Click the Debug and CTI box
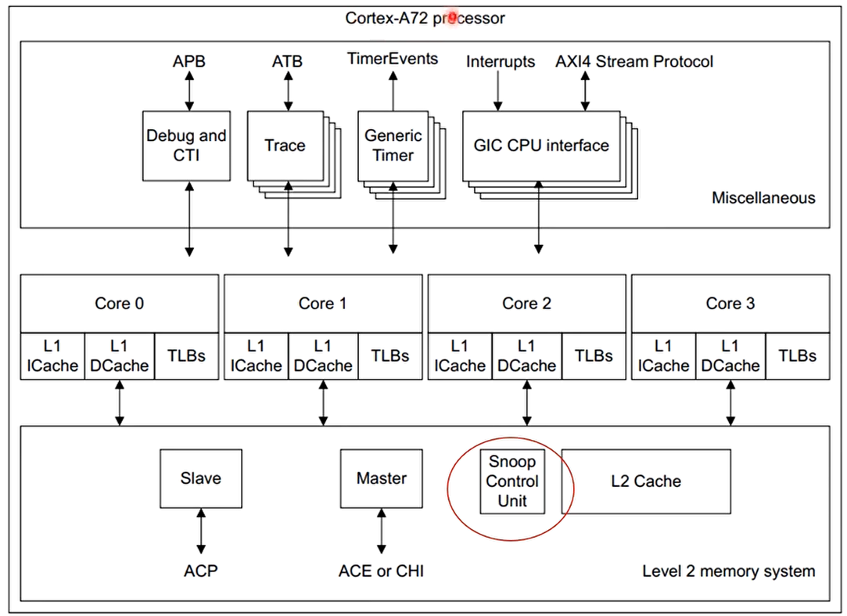[x=186, y=145]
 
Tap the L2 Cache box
[x=646, y=481]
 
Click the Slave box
[x=201, y=477]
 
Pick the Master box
[x=382, y=477]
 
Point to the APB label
[x=189, y=61]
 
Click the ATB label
[x=287, y=61]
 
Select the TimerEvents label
[x=393, y=59]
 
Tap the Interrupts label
[x=501, y=61]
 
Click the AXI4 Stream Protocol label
[x=634, y=61]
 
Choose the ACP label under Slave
[x=201, y=571]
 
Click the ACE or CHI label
[x=382, y=571]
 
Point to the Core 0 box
[x=119, y=303]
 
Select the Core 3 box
[x=730, y=303]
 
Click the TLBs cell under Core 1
[x=390, y=355]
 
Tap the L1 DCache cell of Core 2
[x=526, y=355]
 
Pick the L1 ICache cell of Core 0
[x=52, y=355]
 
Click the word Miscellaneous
[x=763, y=198]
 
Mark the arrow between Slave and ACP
[x=201, y=532]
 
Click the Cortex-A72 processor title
[x=425, y=17]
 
